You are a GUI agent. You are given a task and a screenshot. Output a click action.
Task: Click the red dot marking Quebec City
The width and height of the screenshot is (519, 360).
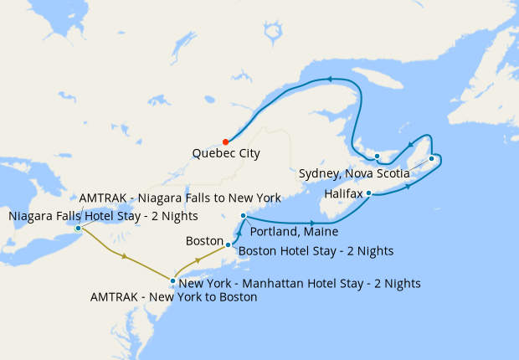pos(225,141)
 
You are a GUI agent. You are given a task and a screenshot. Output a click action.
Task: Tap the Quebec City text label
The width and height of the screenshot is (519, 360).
pos(225,154)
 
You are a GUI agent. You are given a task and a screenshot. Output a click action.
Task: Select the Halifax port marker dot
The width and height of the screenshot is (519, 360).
pos(368,193)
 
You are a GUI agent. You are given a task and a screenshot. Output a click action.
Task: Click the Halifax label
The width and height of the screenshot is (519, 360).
pos(343,193)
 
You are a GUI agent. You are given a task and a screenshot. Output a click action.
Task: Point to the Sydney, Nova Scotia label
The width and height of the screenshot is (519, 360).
pos(354,173)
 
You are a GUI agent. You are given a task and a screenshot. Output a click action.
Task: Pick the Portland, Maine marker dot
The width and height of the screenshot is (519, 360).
pos(242,216)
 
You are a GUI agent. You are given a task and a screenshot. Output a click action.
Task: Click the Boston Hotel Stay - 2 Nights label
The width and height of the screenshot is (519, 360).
pos(316,250)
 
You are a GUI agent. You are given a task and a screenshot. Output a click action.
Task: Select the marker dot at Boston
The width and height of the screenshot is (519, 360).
pos(228,246)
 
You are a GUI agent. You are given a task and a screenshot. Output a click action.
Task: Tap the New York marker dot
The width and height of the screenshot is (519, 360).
pos(172,281)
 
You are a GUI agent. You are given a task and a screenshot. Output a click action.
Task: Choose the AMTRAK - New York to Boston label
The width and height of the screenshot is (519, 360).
pos(173,296)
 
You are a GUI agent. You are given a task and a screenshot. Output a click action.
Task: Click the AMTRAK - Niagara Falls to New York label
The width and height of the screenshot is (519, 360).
pos(179,198)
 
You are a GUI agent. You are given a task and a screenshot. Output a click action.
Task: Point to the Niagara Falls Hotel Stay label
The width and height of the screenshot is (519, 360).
pos(103,216)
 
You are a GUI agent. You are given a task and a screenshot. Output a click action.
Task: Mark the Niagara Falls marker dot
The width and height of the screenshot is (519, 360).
pos(78,228)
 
